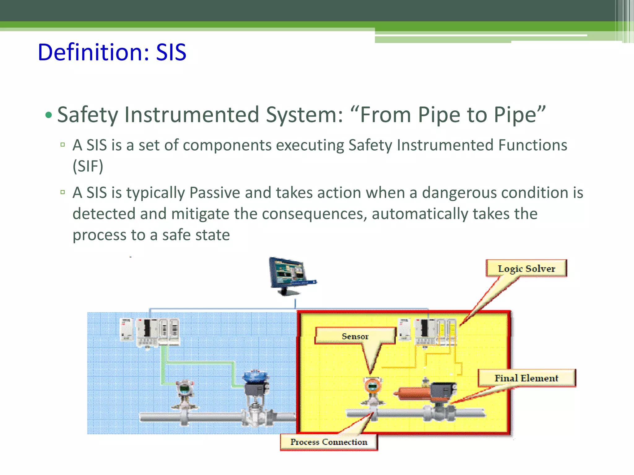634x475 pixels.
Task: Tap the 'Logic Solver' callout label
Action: pos(526,268)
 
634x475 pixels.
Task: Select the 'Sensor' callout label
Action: pos(355,336)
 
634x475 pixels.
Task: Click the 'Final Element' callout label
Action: pos(526,378)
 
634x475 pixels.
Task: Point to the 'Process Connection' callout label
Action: pos(329,442)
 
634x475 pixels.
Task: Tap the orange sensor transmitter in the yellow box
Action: pos(372,387)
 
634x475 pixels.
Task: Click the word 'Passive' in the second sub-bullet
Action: pos(215,193)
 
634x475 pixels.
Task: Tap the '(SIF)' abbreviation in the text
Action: pos(88,166)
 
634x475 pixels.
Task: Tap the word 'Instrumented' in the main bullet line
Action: pos(192,115)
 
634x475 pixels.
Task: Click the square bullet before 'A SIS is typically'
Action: pos(63,192)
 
